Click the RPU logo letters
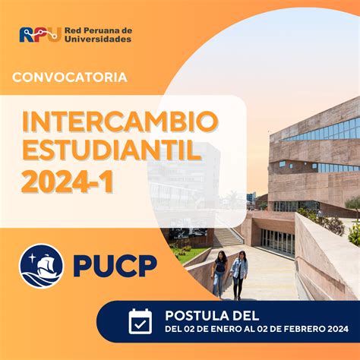click(x=40, y=34)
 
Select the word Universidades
click(x=98, y=39)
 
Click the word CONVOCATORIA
click(x=70, y=77)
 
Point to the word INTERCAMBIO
click(x=120, y=122)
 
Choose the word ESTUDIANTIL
click(x=112, y=150)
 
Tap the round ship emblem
click(x=42, y=266)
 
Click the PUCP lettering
click(x=115, y=266)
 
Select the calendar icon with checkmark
click(x=141, y=321)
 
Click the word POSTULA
click(x=193, y=316)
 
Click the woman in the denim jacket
click(x=238, y=275)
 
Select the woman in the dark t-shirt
click(x=219, y=274)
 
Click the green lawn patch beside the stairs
click(x=188, y=254)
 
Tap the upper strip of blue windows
click(x=321, y=131)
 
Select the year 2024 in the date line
click(x=338, y=329)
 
